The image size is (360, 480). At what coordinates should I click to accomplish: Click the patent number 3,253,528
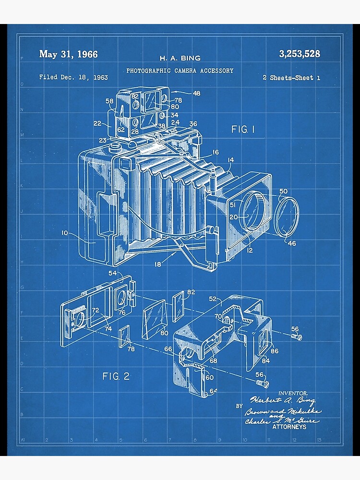(x=300, y=54)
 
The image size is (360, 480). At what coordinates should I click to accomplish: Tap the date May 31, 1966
(x=68, y=54)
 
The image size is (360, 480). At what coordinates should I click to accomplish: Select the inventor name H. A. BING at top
(x=180, y=58)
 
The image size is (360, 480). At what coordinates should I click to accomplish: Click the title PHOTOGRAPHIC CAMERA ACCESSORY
(x=180, y=71)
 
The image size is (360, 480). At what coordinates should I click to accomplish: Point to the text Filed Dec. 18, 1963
(x=73, y=77)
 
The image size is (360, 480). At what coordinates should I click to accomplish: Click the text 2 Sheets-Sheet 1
(x=291, y=77)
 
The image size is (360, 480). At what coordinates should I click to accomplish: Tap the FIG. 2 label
(x=116, y=376)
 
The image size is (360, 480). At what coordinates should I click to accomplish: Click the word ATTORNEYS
(x=289, y=427)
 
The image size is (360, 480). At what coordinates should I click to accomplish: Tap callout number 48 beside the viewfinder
(x=196, y=93)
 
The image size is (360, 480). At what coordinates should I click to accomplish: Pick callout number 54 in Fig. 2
(x=113, y=273)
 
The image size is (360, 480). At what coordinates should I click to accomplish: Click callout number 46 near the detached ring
(x=292, y=243)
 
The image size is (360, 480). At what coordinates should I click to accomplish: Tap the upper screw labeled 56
(x=297, y=337)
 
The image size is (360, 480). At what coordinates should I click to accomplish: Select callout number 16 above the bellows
(x=215, y=152)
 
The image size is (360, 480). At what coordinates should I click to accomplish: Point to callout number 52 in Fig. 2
(x=213, y=299)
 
